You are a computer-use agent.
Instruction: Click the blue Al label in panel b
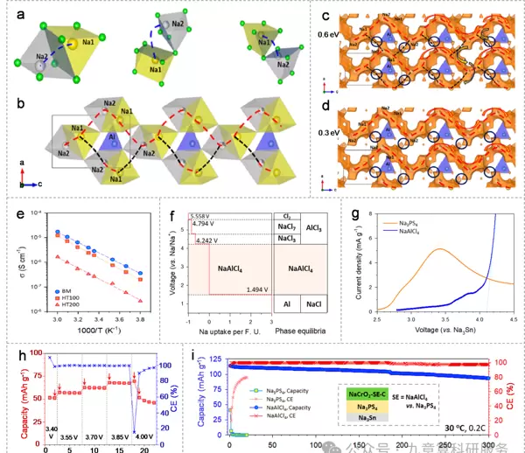tap(113, 136)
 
